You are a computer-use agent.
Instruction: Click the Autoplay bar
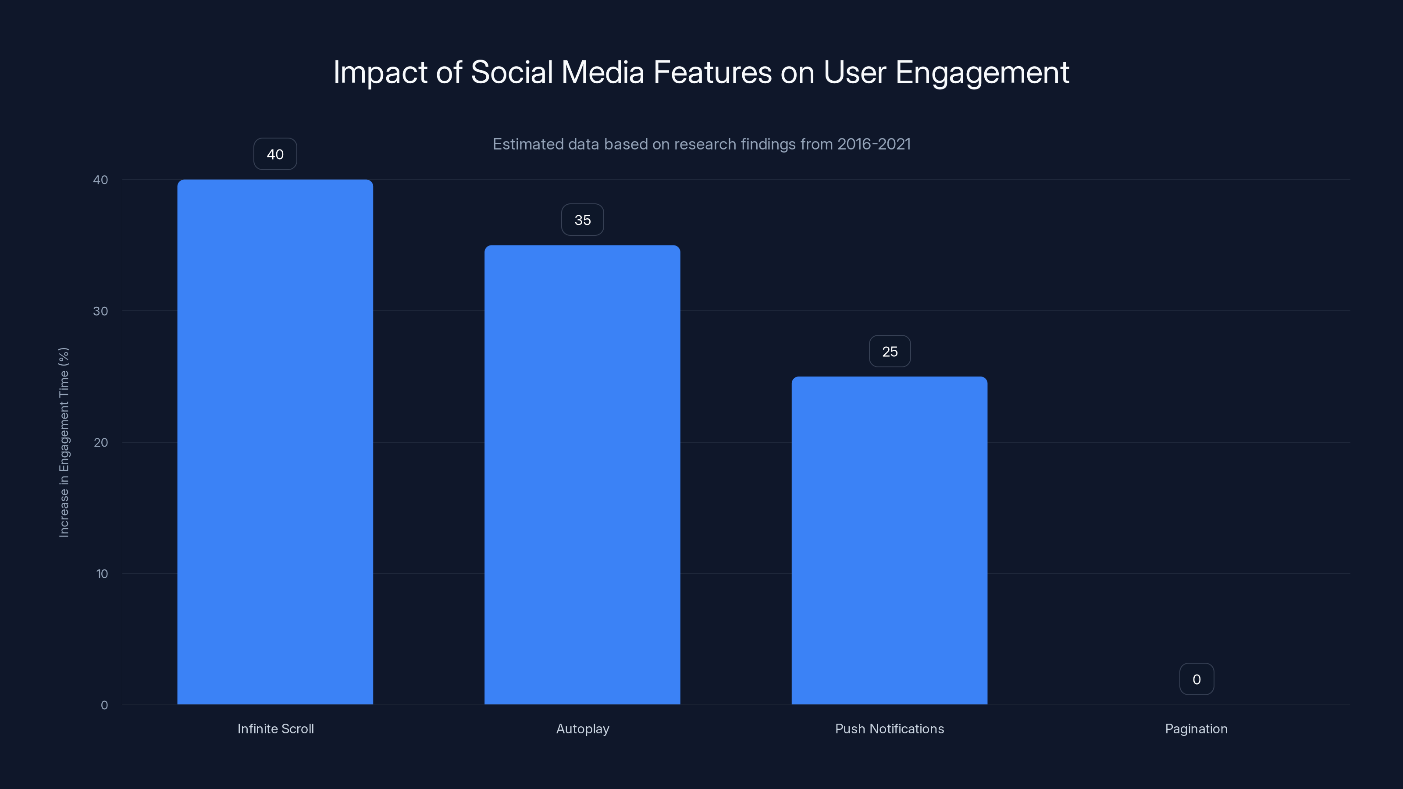(x=582, y=474)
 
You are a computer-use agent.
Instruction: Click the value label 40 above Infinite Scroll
(x=275, y=154)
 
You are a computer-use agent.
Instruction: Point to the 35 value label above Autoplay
(x=582, y=220)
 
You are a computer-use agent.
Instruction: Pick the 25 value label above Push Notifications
(x=890, y=352)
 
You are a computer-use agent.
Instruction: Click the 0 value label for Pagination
(x=1196, y=679)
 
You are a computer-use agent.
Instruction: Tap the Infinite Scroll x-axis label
(x=276, y=729)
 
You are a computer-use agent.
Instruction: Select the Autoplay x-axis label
(x=582, y=729)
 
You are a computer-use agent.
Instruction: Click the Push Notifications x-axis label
(x=890, y=729)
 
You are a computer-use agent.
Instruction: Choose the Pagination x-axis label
(x=1196, y=729)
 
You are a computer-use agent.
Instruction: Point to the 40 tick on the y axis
(x=101, y=180)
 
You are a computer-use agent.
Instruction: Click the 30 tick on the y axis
(x=101, y=311)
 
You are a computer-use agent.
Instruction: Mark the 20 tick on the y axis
(x=101, y=442)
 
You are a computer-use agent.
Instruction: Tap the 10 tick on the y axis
(x=102, y=573)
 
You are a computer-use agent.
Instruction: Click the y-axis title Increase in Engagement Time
(x=64, y=442)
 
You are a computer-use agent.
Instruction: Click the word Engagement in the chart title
(x=982, y=72)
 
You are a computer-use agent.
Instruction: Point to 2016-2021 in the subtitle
(x=874, y=144)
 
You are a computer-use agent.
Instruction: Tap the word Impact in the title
(x=380, y=72)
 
